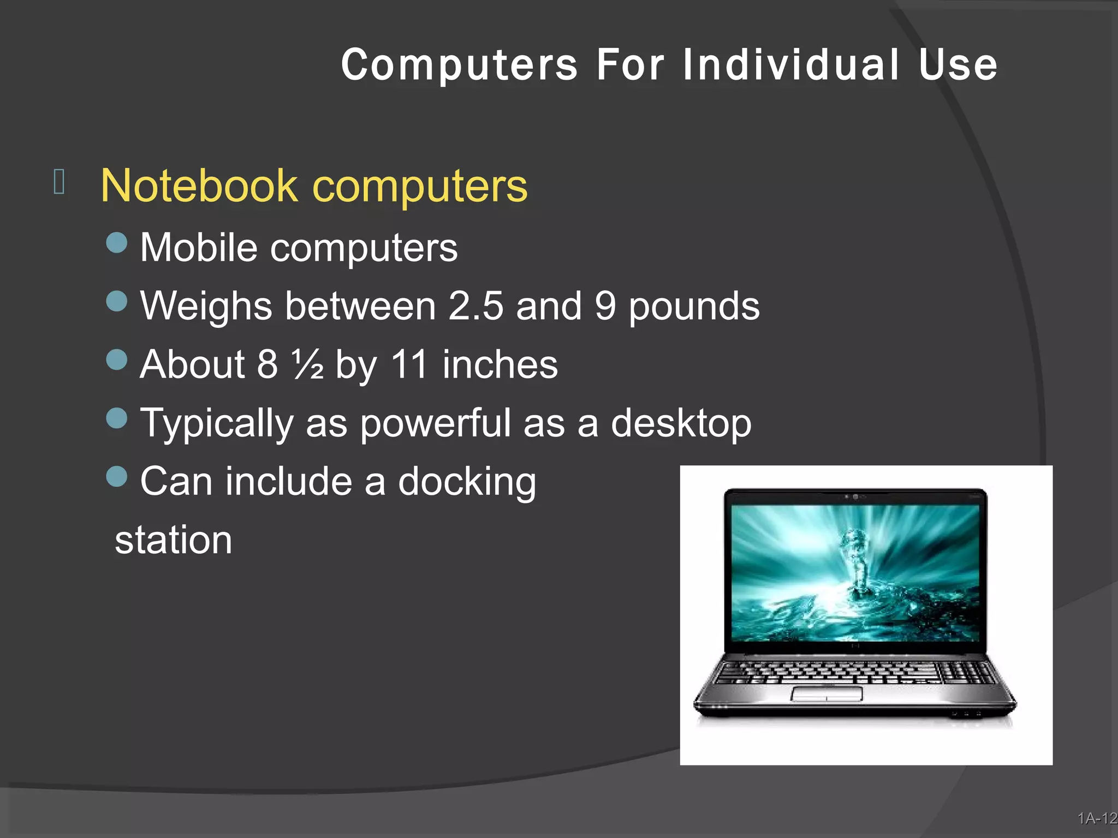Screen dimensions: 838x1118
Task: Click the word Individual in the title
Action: (790, 65)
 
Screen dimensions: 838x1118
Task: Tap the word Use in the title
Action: (958, 65)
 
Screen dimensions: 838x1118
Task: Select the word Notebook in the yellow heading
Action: (199, 186)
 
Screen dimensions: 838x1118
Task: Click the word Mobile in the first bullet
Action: (199, 248)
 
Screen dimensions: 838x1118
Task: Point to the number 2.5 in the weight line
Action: (475, 306)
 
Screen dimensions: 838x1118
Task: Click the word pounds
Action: (694, 307)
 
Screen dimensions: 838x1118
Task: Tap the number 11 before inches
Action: (409, 364)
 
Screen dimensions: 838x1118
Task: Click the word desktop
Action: (681, 424)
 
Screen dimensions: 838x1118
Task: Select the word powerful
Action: (435, 424)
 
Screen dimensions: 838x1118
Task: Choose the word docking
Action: (467, 482)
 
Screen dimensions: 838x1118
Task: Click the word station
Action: (174, 540)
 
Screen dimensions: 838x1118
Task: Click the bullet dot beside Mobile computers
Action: (117, 243)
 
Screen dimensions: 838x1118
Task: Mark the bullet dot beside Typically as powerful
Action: (117, 418)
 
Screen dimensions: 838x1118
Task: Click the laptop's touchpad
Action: (826, 693)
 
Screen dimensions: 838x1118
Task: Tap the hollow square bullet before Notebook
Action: (60, 181)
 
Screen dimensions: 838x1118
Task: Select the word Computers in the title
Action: (459, 65)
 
